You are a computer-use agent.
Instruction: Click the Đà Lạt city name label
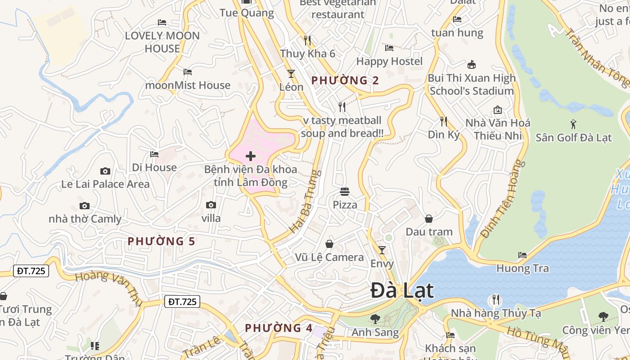pos(402,291)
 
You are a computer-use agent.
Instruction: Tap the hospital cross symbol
pos(251,156)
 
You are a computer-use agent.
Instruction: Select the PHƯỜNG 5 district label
pos(161,242)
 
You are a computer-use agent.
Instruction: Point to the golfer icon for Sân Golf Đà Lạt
pos(573,124)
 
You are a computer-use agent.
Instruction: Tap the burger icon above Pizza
pos(345,192)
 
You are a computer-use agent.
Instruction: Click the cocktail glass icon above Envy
pos(382,250)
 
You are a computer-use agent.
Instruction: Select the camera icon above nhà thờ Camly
pos(84,206)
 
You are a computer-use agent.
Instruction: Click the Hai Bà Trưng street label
pos(306,201)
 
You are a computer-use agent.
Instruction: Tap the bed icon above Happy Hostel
pos(389,48)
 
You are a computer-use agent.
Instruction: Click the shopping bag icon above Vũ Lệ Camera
pos(329,244)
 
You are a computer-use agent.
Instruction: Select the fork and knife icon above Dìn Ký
pos(444,121)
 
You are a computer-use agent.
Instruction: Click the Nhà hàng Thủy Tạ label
pos(496,313)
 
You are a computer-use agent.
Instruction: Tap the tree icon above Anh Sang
pos(375,319)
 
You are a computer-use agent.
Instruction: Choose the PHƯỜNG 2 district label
pos(345,81)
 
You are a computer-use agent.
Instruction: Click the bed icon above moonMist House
pos(188,72)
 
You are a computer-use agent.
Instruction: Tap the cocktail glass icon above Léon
pos(291,73)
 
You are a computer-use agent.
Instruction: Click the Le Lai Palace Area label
pos(105,184)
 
